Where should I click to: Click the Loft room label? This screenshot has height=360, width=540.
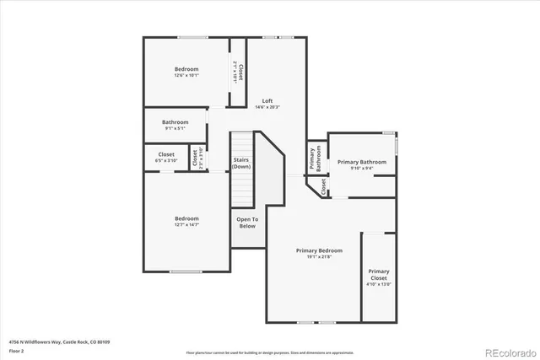[267, 101]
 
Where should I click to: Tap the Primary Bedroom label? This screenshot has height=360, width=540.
[319, 250]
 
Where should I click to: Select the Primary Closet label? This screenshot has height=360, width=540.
[379, 274]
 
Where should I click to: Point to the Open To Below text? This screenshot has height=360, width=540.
[247, 223]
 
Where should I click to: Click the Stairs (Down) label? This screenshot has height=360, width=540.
[241, 163]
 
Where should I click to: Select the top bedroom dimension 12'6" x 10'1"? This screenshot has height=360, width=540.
[186, 75]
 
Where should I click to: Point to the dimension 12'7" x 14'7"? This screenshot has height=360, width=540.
[186, 224]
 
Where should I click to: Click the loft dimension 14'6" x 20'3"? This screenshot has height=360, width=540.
[267, 108]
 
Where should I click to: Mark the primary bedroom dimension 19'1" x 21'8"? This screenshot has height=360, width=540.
[319, 257]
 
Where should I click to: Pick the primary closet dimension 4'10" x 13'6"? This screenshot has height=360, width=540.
[379, 284]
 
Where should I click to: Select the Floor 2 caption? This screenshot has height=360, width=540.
[16, 350]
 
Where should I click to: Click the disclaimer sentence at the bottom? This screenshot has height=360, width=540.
[269, 352]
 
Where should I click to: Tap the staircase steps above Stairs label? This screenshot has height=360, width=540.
[242, 143]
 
